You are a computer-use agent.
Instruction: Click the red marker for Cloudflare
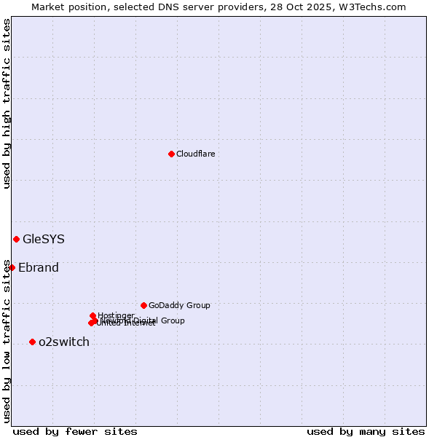(x=171, y=154)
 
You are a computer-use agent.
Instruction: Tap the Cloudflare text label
(x=195, y=154)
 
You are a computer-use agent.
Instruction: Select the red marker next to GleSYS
(x=16, y=239)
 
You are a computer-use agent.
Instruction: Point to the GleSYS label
(x=44, y=239)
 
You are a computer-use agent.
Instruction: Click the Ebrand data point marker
(x=12, y=267)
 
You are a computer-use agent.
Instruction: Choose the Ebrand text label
(x=39, y=267)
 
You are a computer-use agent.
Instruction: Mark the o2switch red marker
(x=32, y=342)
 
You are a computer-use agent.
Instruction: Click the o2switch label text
(x=64, y=342)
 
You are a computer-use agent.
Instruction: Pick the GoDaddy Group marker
(x=143, y=305)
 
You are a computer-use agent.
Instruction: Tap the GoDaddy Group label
(x=179, y=305)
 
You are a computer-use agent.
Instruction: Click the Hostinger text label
(x=116, y=315)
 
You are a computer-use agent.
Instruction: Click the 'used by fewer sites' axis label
(x=75, y=431)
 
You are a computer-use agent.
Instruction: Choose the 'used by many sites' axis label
(x=366, y=431)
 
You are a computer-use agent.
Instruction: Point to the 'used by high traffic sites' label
(x=7, y=103)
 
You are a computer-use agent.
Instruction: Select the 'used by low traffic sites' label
(x=7, y=341)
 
